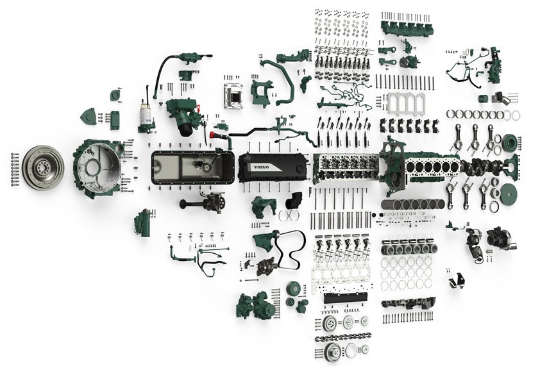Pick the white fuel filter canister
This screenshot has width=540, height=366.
point(147,115)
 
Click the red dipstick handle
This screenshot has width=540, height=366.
point(212,137)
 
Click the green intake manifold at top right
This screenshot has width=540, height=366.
point(407,28)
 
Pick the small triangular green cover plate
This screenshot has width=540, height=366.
point(87,117)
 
